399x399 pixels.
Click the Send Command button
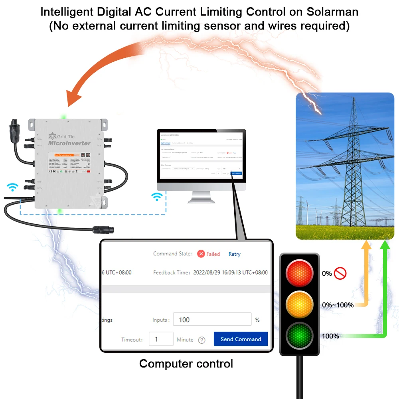[241, 339]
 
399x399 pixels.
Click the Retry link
[234, 254]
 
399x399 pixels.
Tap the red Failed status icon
[201, 254]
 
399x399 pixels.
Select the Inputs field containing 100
[212, 320]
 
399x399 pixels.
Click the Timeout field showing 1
[161, 339]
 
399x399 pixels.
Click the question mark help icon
[202, 340]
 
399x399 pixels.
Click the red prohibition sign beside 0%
[340, 273]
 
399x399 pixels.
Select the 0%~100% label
[338, 305]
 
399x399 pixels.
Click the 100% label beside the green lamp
[330, 336]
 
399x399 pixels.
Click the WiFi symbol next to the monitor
[158, 196]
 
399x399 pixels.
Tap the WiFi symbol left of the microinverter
[13, 187]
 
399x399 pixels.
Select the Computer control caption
[186, 364]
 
